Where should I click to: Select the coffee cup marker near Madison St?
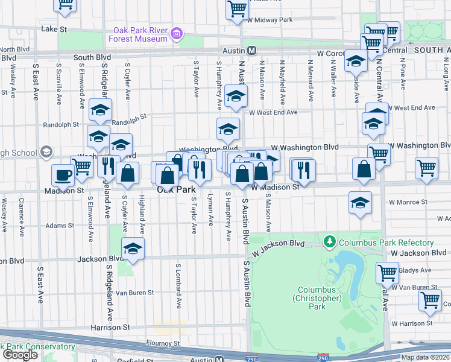(63, 176)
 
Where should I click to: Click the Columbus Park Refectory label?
(385, 243)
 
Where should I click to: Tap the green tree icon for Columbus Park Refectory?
(329, 243)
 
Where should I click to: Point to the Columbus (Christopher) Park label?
(318, 298)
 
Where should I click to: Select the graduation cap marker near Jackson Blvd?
(133, 248)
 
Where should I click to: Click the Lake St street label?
(53, 28)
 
